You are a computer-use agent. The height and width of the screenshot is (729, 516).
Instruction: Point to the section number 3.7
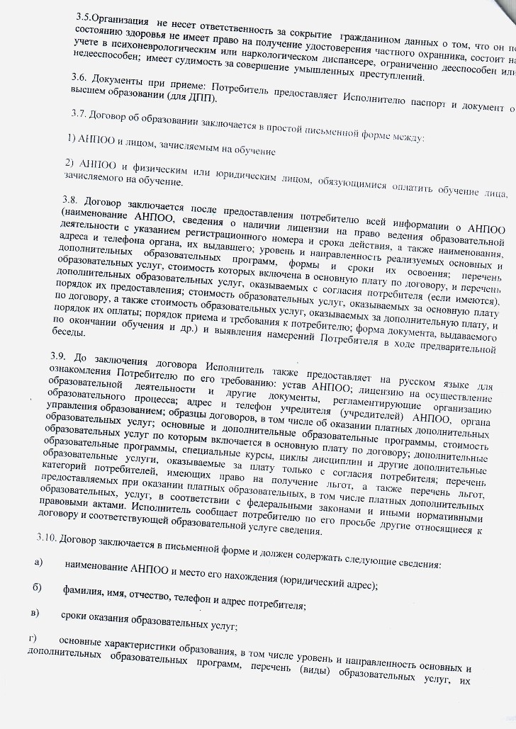(81, 114)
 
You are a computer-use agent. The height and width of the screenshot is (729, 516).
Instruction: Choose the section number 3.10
(47, 539)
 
